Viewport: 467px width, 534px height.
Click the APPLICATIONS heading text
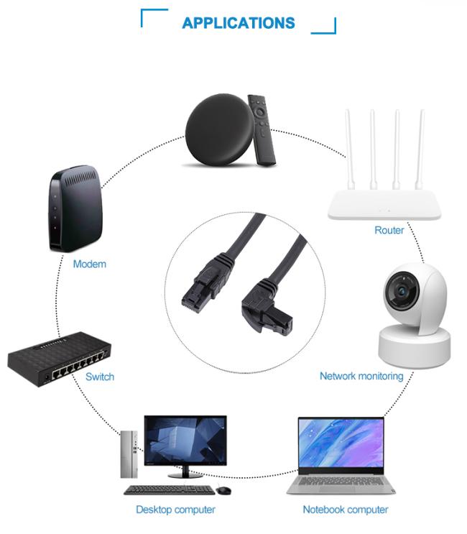[x=239, y=23]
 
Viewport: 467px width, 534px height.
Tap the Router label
[x=389, y=230]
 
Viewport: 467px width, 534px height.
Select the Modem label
[x=90, y=264]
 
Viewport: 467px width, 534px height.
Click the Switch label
[x=100, y=377]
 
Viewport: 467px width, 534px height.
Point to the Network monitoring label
[x=361, y=376]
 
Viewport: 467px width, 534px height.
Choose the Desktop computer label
[x=175, y=510]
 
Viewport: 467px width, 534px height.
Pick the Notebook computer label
[x=346, y=510]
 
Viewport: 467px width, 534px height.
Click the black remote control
[x=261, y=130]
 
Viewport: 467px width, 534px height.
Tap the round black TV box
[x=220, y=130]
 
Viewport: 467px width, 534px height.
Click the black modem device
[x=75, y=209]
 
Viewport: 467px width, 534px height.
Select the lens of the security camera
[x=402, y=291]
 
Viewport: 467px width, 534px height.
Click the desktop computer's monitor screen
[x=185, y=441]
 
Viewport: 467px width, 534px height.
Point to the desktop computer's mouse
[x=223, y=490]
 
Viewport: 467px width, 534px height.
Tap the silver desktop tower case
[x=129, y=454]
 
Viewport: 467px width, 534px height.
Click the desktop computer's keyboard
[x=169, y=490]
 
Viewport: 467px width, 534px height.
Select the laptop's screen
[x=341, y=443]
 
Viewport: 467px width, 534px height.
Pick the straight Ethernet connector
[x=206, y=282]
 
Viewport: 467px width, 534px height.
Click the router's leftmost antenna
[x=350, y=149]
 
